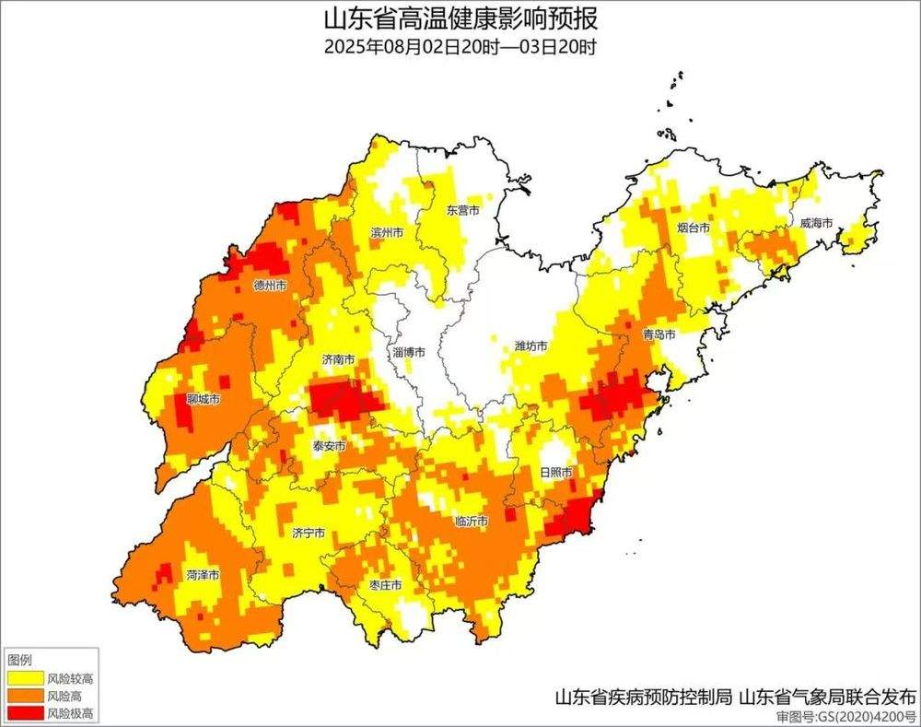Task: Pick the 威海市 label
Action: pos(815,223)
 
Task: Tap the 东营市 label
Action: pos(462,210)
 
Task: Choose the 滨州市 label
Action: pos(386,232)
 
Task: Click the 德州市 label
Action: pos(270,286)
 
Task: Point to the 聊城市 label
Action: pos(203,400)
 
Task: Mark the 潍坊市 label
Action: pos(530,346)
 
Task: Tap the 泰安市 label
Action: pos(329,446)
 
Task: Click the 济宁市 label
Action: pos(309,533)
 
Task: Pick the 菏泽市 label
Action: pos(203,574)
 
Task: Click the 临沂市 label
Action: pos(472,522)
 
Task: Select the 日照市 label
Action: pos(555,473)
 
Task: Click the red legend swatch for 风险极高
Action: pos(24,713)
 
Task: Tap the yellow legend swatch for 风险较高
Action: pos(24,678)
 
